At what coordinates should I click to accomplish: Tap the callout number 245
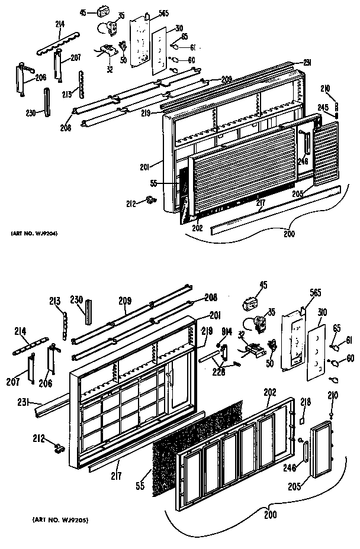(323, 108)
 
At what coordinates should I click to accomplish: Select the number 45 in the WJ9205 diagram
(263, 285)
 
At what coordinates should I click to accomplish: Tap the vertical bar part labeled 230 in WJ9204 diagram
(46, 103)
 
